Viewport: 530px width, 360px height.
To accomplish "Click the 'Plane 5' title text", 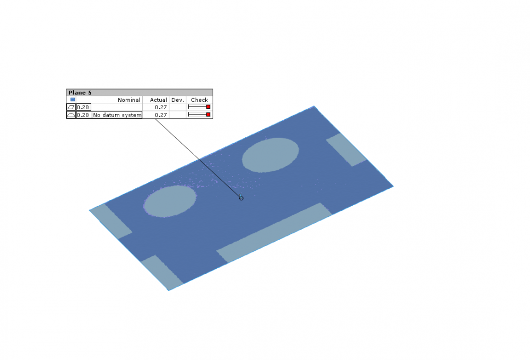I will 80,93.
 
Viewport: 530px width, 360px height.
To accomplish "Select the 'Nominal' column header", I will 129,100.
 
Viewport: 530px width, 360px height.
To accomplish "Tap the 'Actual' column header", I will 158,100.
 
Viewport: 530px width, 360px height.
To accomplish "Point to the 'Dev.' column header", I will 177,100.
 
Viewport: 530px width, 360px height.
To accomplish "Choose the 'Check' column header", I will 199,100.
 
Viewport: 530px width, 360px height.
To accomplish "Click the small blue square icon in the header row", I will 73,100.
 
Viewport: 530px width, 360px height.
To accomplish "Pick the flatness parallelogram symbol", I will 71,107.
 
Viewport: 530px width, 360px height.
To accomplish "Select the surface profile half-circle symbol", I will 71,115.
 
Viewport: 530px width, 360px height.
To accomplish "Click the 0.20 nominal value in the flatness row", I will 83,107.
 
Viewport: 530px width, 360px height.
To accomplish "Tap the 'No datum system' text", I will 117,115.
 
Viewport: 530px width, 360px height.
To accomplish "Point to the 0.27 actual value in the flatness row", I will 161,107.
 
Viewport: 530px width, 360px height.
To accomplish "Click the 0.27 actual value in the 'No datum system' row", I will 161,115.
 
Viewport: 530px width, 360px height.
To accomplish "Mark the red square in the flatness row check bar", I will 208,107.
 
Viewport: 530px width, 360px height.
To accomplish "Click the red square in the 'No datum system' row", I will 208,115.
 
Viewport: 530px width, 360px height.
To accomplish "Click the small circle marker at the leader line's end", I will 241,198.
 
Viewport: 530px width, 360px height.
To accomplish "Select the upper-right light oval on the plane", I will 271,155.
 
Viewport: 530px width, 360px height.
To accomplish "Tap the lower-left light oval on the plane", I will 170,201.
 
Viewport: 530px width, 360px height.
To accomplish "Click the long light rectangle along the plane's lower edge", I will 274,232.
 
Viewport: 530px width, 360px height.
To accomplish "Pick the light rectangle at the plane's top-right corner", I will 346,150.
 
